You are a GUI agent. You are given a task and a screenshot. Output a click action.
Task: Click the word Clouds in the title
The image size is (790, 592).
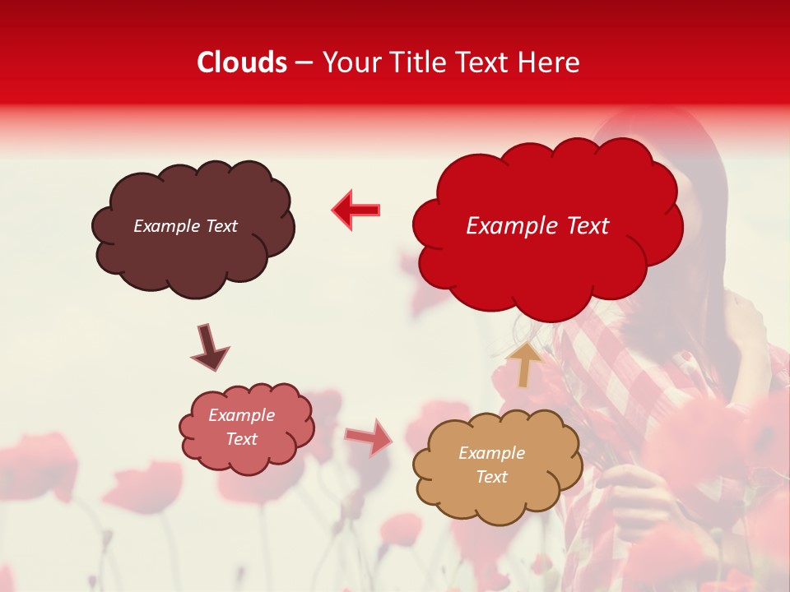click(x=242, y=62)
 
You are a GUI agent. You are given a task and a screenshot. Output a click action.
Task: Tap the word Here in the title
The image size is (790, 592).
click(x=550, y=62)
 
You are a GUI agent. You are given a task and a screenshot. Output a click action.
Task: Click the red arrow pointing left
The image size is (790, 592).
click(x=355, y=210)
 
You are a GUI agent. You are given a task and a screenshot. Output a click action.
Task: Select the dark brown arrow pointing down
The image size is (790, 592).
click(x=209, y=349)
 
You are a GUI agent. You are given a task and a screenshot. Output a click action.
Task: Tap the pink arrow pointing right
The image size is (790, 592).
click(x=368, y=437)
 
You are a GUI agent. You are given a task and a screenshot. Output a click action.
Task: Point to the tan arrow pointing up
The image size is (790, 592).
click(x=525, y=364)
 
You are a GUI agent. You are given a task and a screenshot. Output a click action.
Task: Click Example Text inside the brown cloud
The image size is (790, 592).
click(x=185, y=226)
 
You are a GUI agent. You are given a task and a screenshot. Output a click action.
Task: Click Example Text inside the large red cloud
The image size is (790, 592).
click(x=537, y=226)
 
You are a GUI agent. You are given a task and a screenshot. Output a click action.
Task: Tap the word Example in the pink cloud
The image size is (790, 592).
click(x=241, y=415)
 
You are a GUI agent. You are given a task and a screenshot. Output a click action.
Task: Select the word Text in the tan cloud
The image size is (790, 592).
click(x=492, y=477)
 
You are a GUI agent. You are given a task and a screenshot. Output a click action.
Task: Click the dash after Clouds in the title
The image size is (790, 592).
click(x=304, y=63)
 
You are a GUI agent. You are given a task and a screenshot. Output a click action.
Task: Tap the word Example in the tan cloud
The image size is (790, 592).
click(x=491, y=453)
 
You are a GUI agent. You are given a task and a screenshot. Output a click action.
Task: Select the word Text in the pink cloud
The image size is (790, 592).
click(x=241, y=439)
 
